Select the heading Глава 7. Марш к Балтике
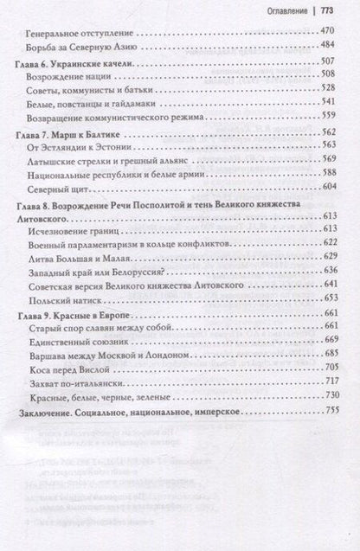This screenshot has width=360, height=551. (71, 138)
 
